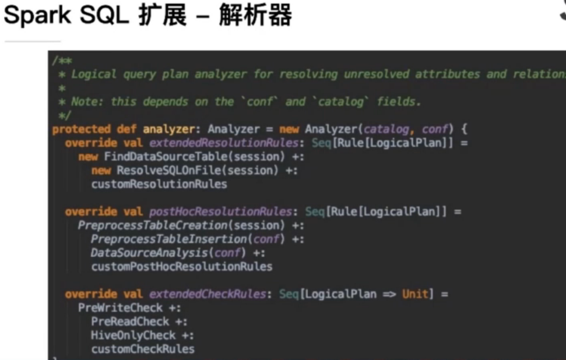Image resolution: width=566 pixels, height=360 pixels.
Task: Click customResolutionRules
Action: click(x=159, y=185)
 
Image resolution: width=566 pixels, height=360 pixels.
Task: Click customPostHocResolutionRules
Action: click(x=182, y=267)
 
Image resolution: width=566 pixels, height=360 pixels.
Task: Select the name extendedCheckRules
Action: click(x=207, y=295)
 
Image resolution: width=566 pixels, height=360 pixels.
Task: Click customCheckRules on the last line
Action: click(x=143, y=350)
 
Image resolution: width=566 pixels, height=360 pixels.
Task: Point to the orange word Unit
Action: click(x=417, y=295)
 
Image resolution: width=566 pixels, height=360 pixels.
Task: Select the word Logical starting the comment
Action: click(x=94, y=75)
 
